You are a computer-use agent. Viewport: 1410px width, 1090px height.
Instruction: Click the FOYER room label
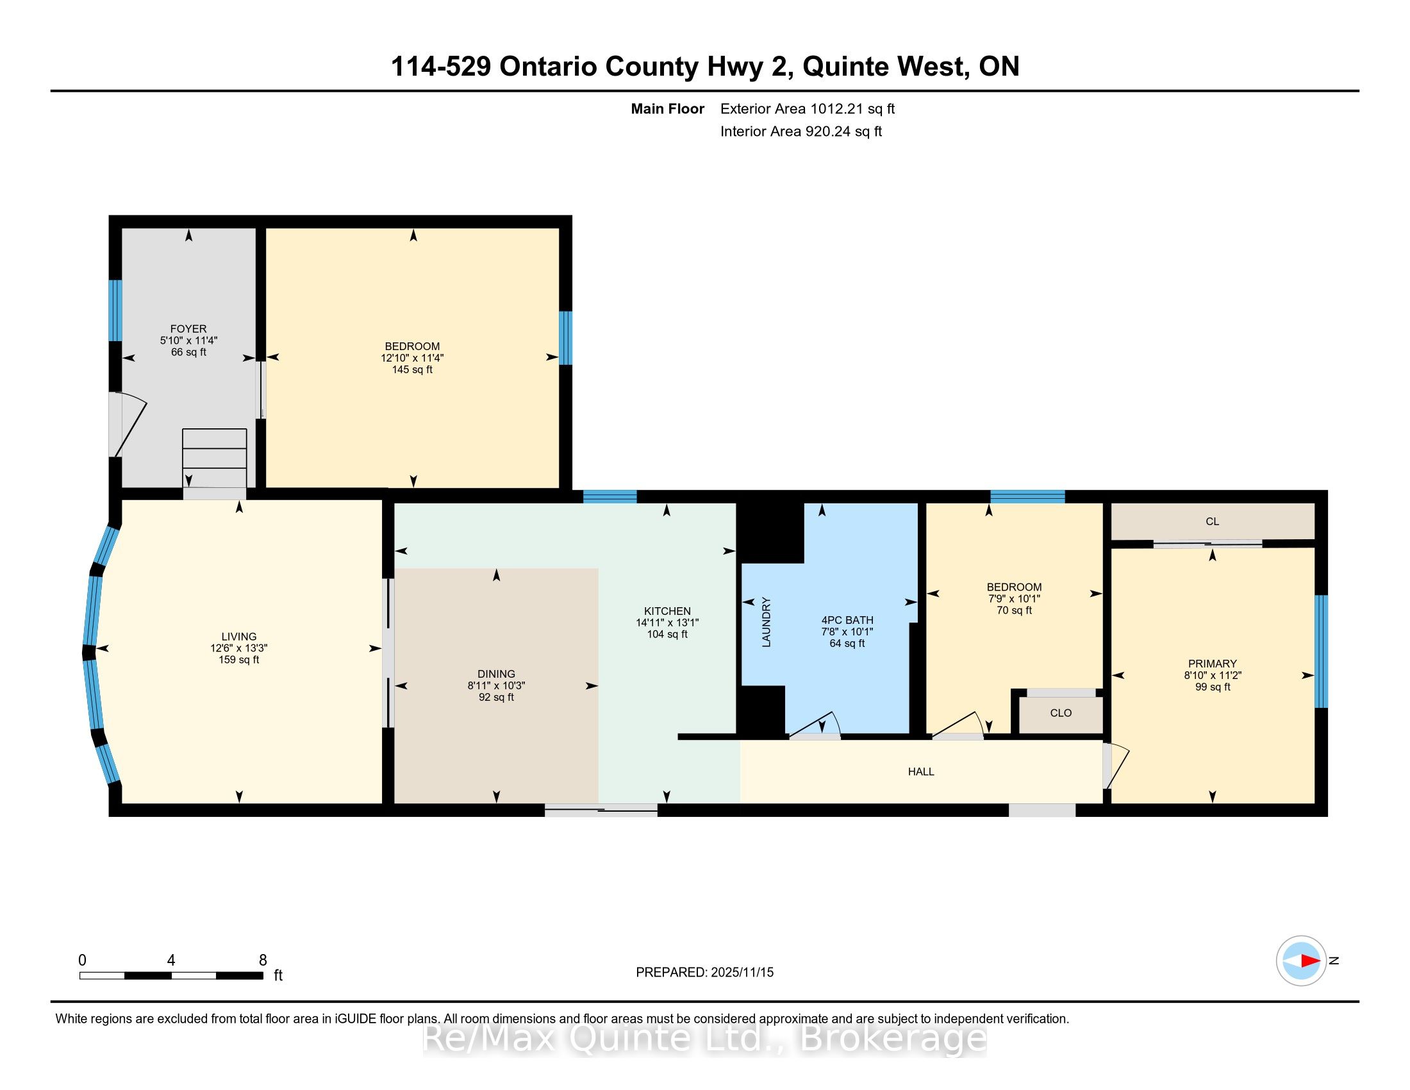tap(188, 329)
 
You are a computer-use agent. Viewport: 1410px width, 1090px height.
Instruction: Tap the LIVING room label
tap(239, 637)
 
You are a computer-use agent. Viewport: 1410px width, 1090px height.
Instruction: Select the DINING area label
tap(497, 674)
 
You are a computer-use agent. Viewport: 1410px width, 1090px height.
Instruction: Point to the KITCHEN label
tap(668, 611)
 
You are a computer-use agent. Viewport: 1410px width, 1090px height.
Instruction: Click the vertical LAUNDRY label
tap(767, 623)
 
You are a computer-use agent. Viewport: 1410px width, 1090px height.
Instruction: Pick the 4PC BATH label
tap(847, 620)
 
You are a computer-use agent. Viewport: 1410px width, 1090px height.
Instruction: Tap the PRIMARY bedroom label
tap(1213, 664)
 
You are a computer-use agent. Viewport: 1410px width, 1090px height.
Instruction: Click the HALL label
tap(921, 771)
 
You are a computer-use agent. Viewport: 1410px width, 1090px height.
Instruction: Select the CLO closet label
tap(1061, 713)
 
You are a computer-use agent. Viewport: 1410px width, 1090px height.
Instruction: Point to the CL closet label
tap(1213, 522)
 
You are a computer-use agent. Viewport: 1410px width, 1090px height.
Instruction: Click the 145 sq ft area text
tap(412, 370)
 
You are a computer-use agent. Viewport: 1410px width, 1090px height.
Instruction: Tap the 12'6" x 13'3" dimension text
tap(239, 648)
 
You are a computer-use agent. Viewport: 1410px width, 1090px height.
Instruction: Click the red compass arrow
tap(1310, 961)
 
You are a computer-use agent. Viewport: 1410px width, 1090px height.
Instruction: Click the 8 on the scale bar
tap(263, 960)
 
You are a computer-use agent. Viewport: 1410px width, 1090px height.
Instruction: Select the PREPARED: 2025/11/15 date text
tap(704, 973)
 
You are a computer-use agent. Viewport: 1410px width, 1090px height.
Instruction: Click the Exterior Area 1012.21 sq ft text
tap(808, 109)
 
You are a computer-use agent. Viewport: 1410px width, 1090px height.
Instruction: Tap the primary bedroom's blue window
tap(1322, 651)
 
